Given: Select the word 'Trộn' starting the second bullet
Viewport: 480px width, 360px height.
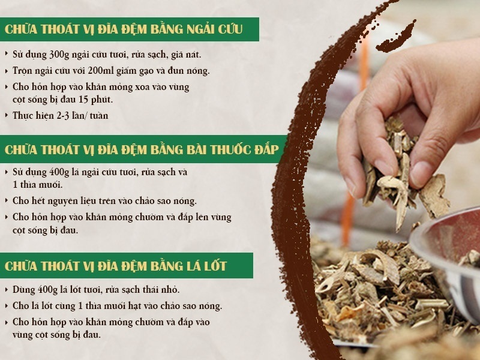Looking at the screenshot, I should point(23,70).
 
